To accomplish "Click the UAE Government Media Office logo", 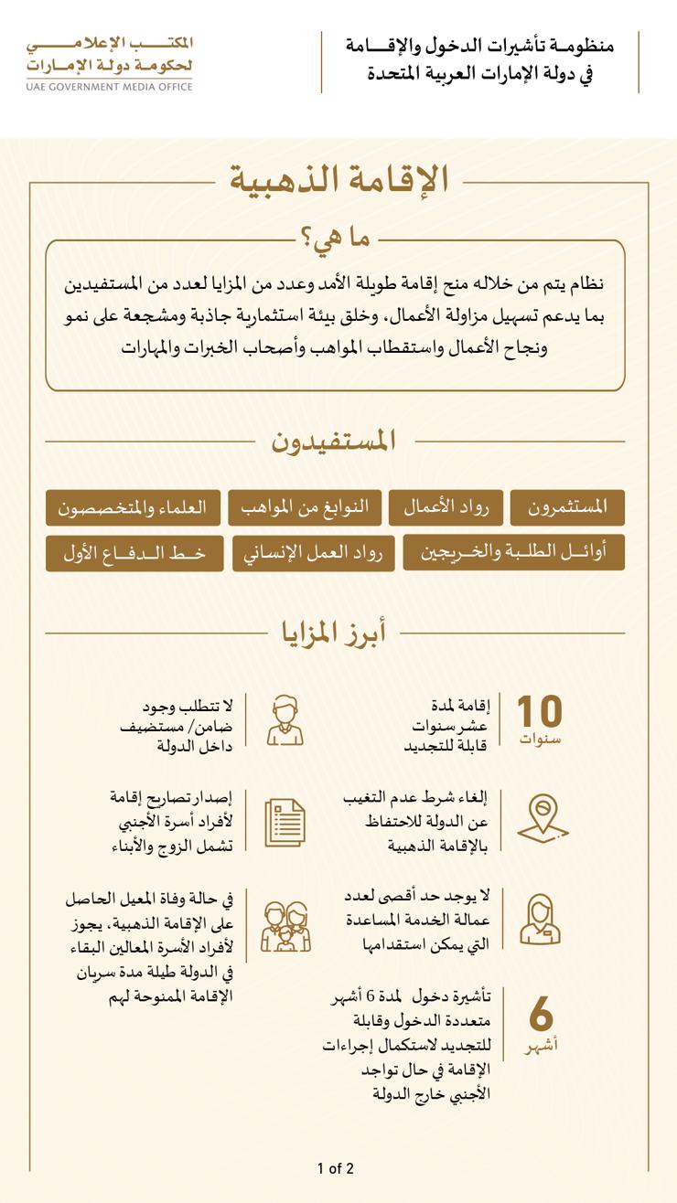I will point(110,62).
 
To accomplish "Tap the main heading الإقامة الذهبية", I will point(338,179).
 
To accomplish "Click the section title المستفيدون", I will point(333,441).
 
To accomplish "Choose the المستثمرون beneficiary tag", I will point(567,507).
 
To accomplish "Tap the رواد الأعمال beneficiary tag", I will point(446,507).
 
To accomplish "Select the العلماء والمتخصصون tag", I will point(133,507).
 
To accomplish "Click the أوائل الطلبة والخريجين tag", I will point(513,553).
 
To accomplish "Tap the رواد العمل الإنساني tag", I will point(314,553).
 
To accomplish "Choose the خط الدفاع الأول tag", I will point(134,553).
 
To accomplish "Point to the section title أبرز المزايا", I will point(333,632).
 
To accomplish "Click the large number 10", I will point(540,711).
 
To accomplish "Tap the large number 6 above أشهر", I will point(541,1014).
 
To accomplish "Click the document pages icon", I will point(285,822).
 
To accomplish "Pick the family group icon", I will point(285,927).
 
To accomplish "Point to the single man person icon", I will point(285,720).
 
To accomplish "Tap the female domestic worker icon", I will point(540,920).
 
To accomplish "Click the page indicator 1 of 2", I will point(335,1168).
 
